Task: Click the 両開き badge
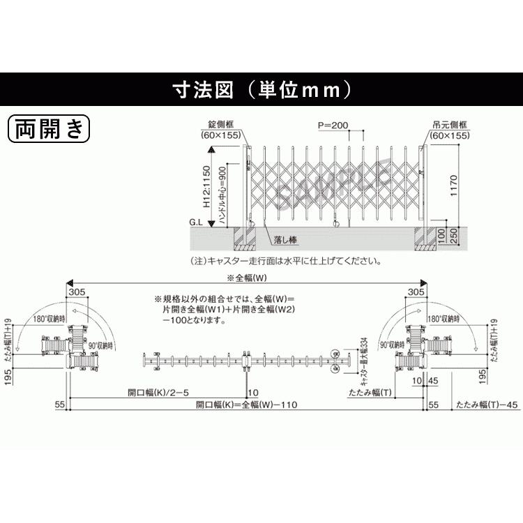(x=48, y=128)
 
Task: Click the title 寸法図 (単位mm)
(x=261, y=89)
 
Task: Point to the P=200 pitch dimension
(x=333, y=126)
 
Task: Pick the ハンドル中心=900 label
(x=222, y=195)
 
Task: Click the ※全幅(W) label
(x=245, y=278)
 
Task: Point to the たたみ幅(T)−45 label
(x=487, y=404)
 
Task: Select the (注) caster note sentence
(x=286, y=261)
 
